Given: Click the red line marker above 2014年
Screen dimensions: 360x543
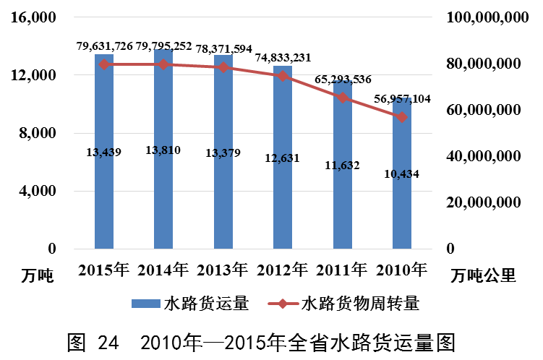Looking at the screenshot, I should pos(163,64).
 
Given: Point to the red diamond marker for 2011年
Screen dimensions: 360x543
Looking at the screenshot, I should pos(343,98).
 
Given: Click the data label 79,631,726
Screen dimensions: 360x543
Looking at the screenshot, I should pos(105,46).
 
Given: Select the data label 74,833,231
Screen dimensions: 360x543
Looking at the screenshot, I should pos(283,59).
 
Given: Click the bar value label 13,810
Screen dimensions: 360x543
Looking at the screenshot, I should pos(163,150).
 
